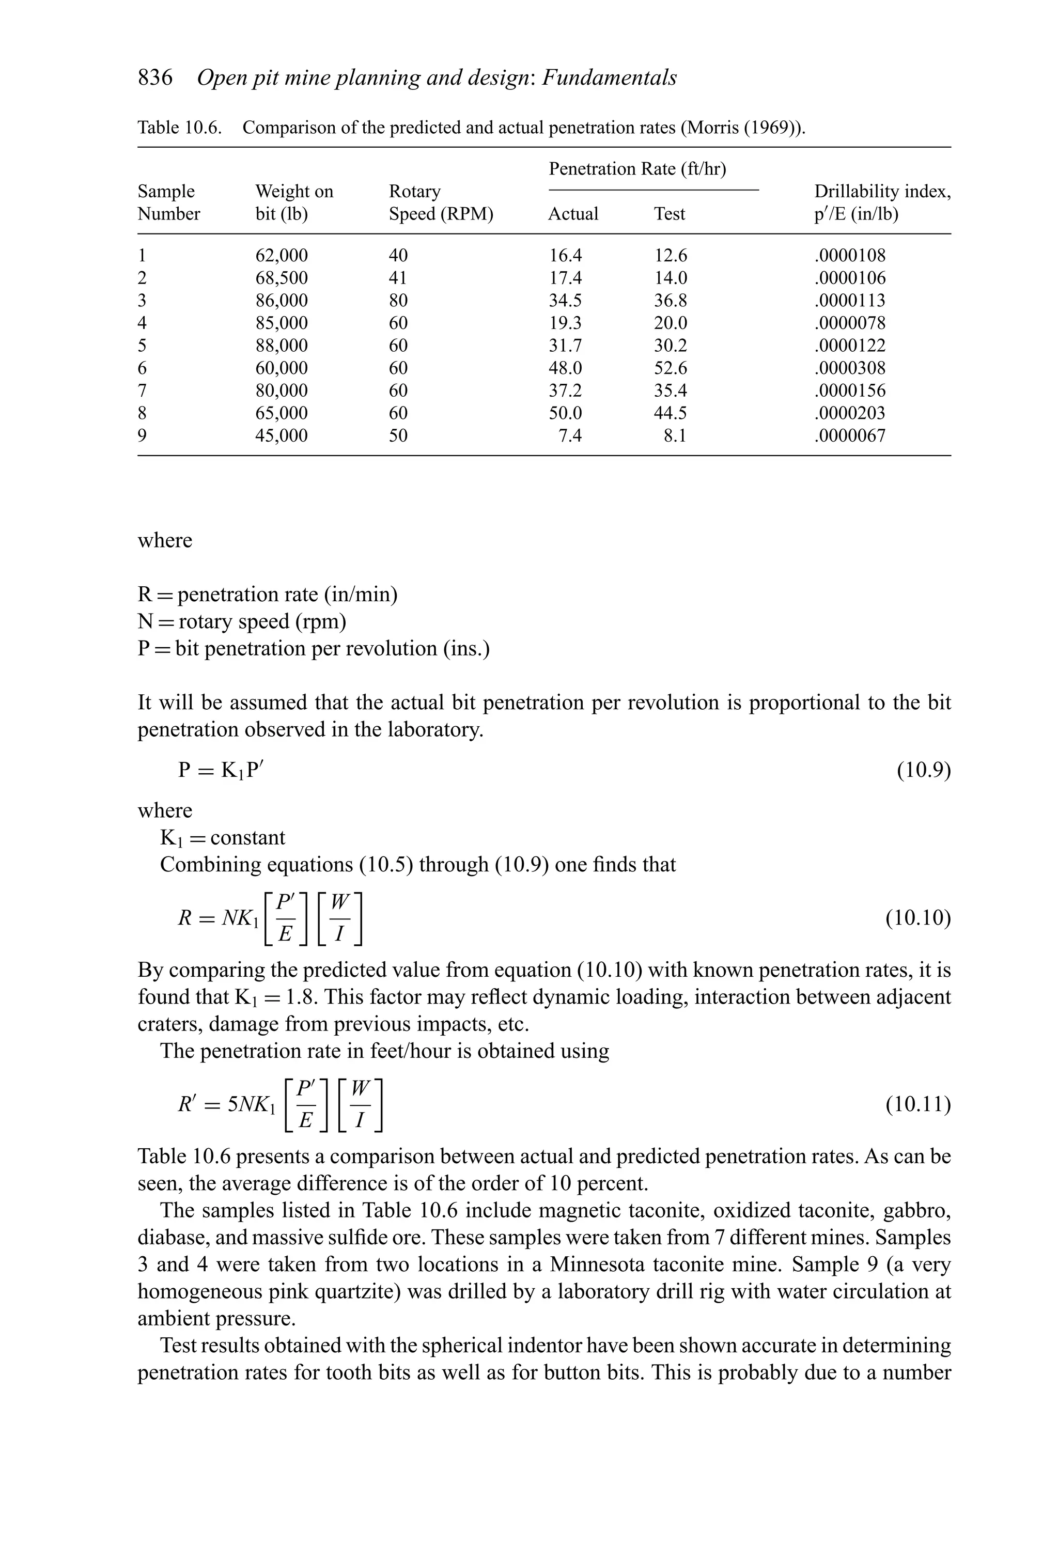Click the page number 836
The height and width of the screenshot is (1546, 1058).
coord(155,78)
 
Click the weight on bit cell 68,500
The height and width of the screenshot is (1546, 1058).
coord(282,278)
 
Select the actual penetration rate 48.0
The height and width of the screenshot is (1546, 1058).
coord(565,368)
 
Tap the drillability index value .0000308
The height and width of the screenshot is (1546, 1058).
coord(850,368)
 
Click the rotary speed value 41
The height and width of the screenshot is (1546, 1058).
coord(398,278)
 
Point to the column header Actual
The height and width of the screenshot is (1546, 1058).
coord(573,214)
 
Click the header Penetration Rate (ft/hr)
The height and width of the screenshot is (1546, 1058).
coord(637,169)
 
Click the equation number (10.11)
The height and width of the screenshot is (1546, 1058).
coord(917,1105)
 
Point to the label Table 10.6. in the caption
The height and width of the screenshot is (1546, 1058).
coord(179,128)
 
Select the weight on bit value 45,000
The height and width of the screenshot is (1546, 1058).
coord(282,436)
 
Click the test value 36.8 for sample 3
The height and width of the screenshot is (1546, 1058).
coord(670,301)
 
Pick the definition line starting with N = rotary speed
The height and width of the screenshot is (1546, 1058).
coord(242,621)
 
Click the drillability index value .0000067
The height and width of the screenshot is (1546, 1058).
coord(850,436)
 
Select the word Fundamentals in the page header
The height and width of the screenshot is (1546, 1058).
coord(610,78)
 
